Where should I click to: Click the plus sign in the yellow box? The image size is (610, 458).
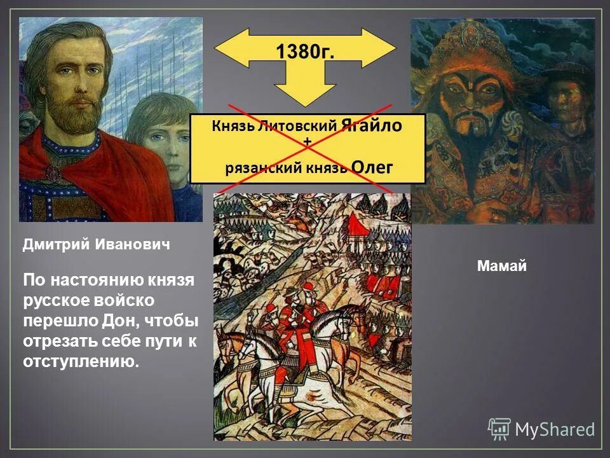pos(308,143)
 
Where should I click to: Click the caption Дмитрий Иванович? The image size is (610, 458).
pos(97,244)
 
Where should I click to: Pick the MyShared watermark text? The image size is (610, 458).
pos(554,429)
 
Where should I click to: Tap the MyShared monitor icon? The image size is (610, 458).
pos(499,429)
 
